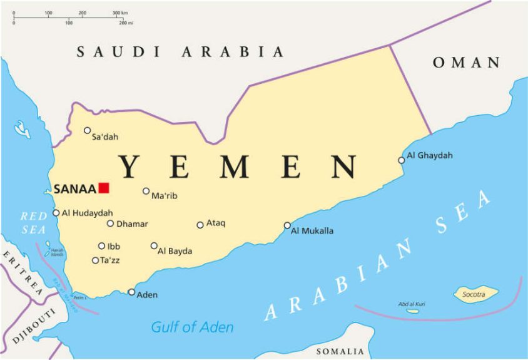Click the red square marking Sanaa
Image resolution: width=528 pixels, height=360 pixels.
(104, 188)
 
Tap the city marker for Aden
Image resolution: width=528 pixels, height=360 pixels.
(131, 292)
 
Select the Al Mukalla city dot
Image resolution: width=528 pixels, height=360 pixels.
(287, 225)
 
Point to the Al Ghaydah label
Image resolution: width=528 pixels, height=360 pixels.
(429, 155)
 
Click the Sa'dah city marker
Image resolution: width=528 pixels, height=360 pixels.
(88, 130)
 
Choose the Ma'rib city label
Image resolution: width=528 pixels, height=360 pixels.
(165, 196)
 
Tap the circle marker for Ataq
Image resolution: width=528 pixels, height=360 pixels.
(200, 225)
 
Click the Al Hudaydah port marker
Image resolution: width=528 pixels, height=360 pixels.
(56, 213)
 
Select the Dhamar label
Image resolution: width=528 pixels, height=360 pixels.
(132, 223)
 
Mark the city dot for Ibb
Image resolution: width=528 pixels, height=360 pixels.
(101, 246)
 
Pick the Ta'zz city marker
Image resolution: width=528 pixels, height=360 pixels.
(95, 260)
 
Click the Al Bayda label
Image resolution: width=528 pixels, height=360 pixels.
(175, 251)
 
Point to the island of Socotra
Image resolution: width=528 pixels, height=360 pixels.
(476, 294)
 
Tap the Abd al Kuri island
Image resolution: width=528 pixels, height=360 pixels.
(413, 311)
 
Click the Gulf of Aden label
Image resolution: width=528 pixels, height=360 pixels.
(192, 327)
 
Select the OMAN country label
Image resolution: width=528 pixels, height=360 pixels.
(467, 63)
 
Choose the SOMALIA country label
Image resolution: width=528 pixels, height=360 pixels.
(340, 351)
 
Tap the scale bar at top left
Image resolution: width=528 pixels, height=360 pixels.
(72, 18)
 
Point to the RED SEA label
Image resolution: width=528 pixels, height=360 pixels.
(34, 223)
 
